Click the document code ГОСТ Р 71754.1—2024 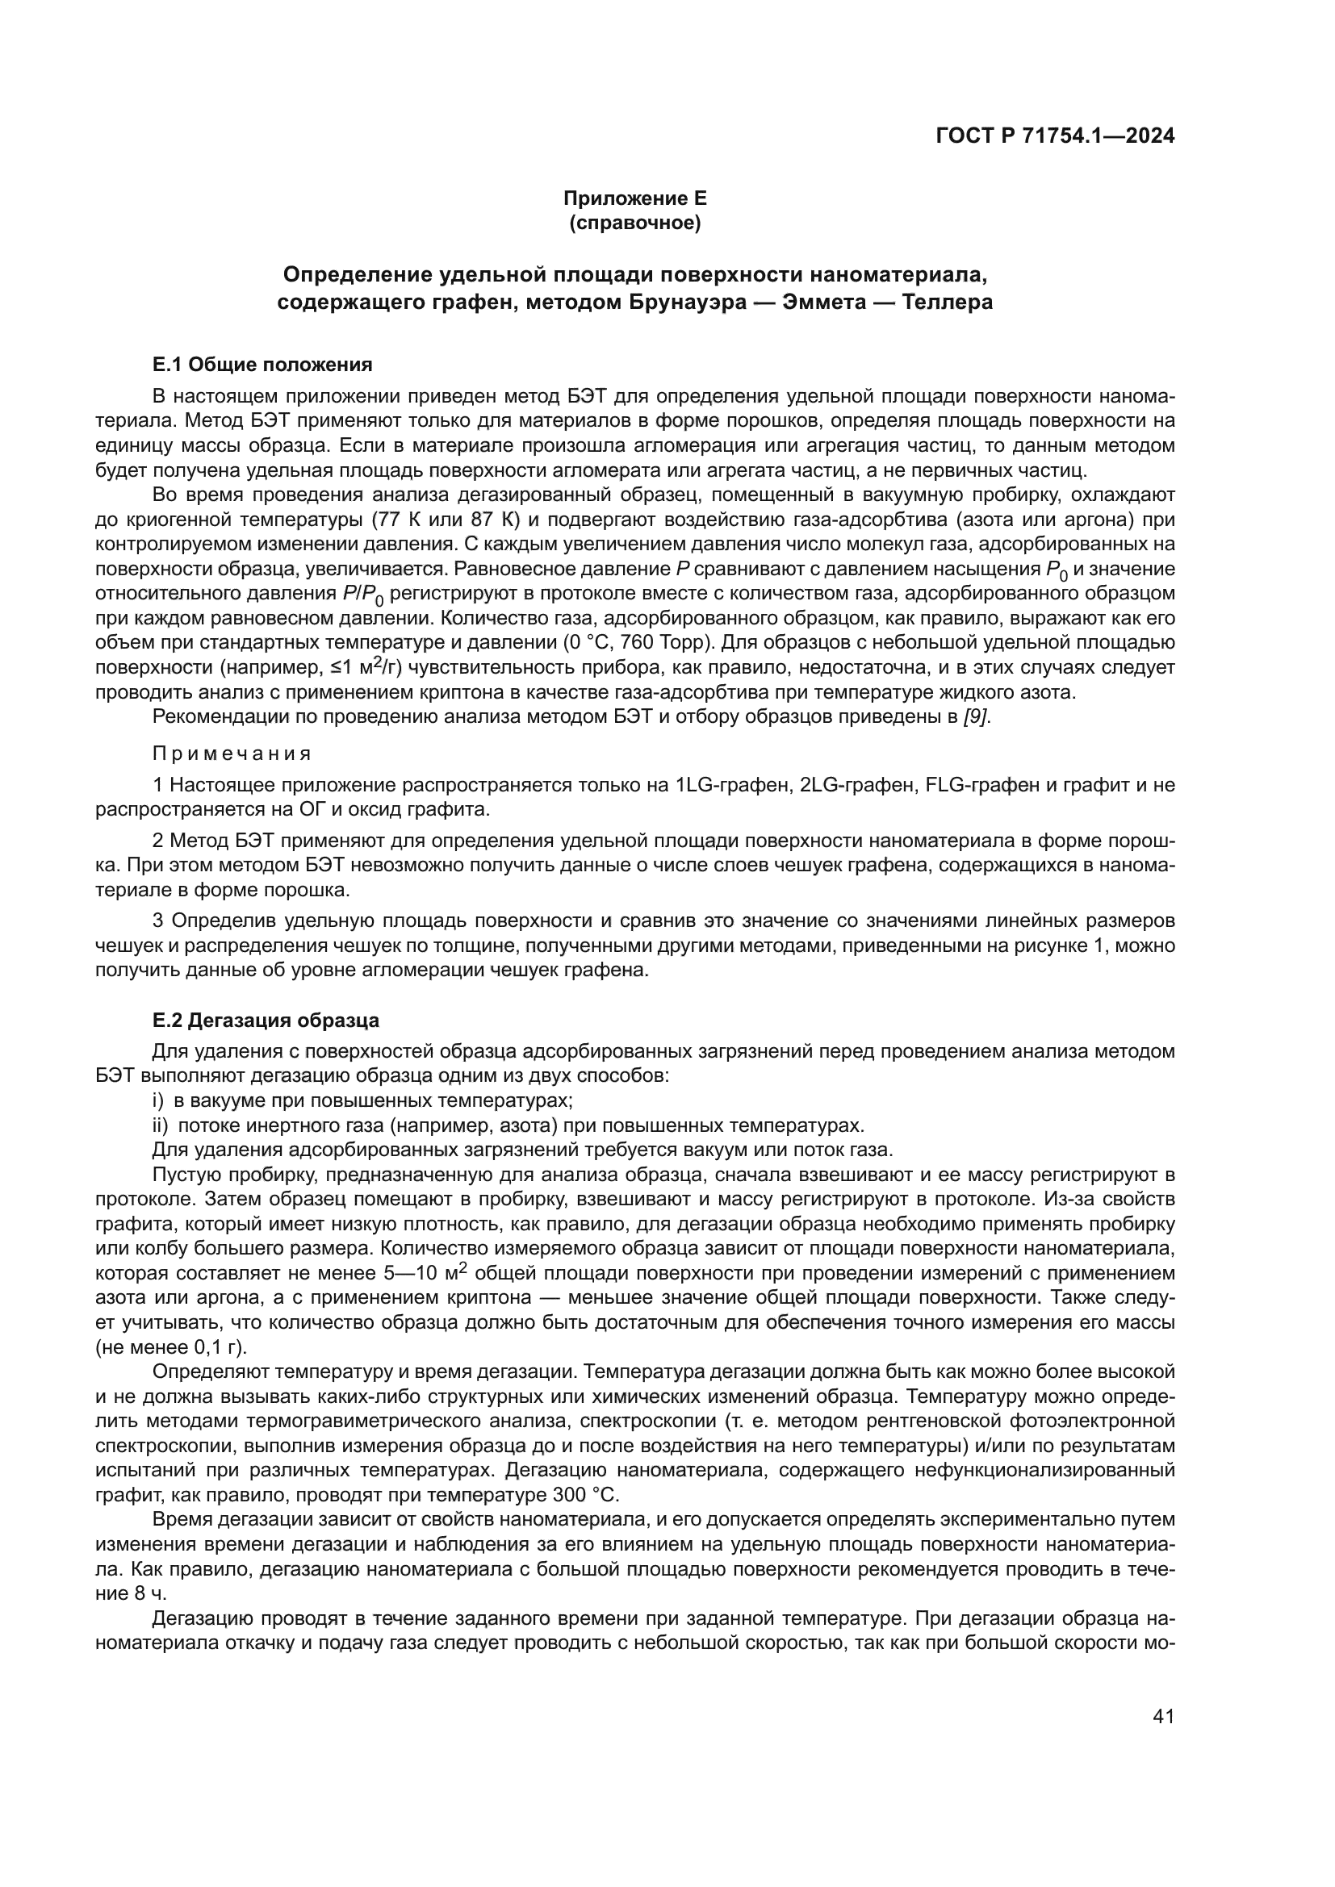click(x=1055, y=136)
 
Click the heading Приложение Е click(x=634, y=198)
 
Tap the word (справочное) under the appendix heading click(x=634, y=223)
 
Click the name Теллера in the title click(x=947, y=303)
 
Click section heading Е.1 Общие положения click(x=262, y=364)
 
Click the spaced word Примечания click(x=232, y=754)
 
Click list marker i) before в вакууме click(x=159, y=1100)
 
